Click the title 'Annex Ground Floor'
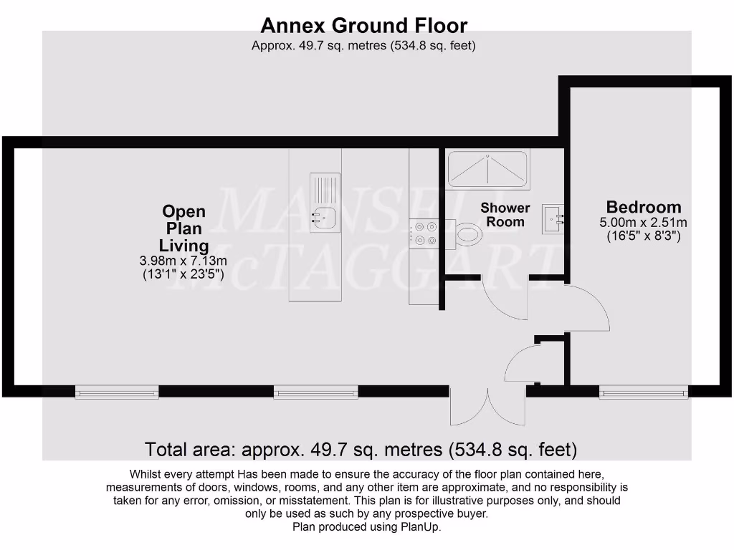pos(363,26)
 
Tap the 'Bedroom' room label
pos(643,208)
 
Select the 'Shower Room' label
pos(505,215)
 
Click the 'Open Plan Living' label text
pos(184,228)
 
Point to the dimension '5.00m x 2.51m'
pos(643,222)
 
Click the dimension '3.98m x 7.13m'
pos(184,260)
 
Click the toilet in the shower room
pos(468,233)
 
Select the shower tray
pos(487,169)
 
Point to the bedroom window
pos(643,392)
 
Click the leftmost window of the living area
pos(116,392)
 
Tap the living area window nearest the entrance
pos(315,392)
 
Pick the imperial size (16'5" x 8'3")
pos(643,235)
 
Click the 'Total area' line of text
pos(361,450)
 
